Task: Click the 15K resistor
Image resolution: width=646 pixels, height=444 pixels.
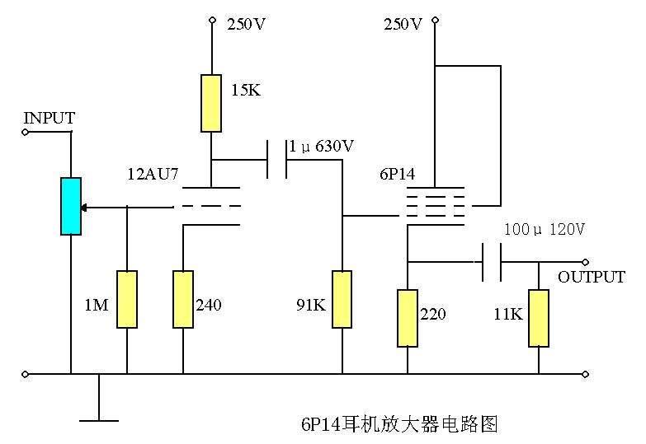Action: (211, 103)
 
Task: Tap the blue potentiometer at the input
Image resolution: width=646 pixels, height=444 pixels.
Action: (71, 206)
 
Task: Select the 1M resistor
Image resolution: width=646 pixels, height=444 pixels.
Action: (126, 299)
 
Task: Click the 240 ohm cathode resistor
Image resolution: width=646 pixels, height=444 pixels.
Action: (182, 299)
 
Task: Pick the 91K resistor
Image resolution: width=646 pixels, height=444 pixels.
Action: (342, 299)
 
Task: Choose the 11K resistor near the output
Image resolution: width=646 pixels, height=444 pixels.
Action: (539, 317)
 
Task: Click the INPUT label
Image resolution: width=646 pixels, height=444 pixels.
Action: (49, 118)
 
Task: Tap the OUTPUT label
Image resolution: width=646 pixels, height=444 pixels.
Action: (591, 277)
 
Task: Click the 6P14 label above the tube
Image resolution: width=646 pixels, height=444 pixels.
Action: (398, 175)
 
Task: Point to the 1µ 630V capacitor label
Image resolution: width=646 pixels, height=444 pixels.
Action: (321, 147)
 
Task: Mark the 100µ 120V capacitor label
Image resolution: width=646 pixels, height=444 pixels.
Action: (544, 230)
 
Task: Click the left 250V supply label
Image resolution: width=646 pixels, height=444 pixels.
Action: (246, 24)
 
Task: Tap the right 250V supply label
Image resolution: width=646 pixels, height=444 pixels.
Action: (403, 24)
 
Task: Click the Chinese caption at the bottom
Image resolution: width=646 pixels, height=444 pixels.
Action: (399, 424)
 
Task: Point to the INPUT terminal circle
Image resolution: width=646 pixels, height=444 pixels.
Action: (26, 131)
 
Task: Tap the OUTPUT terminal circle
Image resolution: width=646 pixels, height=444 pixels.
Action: (586, 262)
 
